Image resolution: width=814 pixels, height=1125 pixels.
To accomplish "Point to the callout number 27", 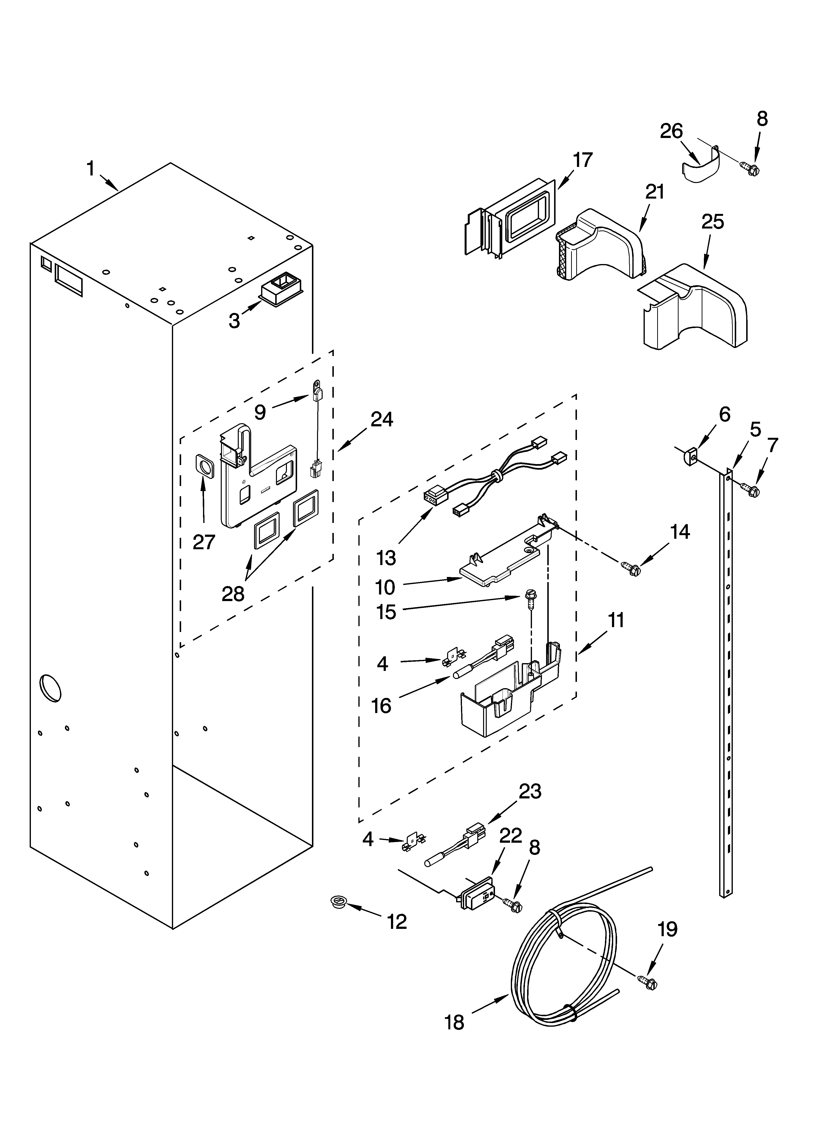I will [204, 542].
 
